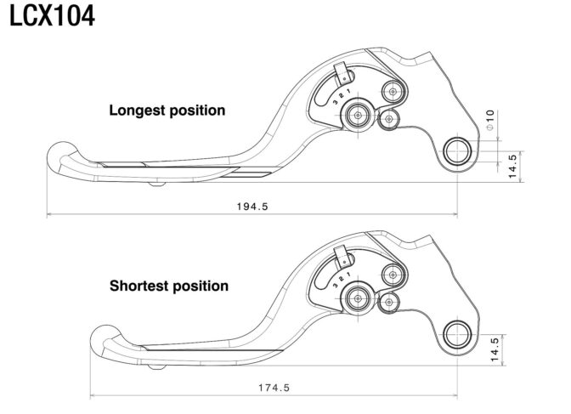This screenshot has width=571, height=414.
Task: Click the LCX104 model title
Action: pos(52,16)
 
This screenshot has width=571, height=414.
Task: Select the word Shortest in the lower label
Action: pos(139,286)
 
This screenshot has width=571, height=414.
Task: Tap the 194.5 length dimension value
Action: pos(252,207)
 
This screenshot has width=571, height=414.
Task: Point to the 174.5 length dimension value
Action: pos(274,388)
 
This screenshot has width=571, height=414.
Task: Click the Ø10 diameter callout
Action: pos(490,120)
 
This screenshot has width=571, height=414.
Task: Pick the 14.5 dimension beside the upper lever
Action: pos(512,166)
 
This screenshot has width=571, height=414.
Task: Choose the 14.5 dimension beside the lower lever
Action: pos(495,349)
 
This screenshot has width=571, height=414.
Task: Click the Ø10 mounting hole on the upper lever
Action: pos(457,150)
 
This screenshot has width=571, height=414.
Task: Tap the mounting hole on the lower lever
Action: pos(457,334)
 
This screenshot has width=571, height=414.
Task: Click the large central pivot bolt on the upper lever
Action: pos(358,115)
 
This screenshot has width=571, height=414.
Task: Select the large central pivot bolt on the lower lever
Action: pos(358,299)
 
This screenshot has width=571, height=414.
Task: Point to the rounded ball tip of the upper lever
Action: pos(61,154)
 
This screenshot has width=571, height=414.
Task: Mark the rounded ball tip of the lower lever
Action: pos(105,337)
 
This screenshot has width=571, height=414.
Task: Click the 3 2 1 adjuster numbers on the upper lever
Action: pos(342,96)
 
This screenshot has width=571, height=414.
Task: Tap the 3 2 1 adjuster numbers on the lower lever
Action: pos(342,280)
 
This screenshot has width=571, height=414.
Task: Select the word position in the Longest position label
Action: pos(197,111)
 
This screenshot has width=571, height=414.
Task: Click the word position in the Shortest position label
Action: pos(200,286)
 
